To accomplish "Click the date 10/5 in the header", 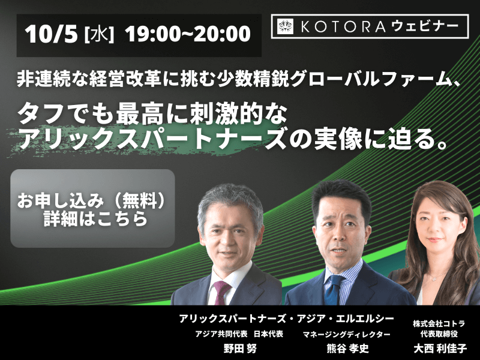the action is click(51, 34).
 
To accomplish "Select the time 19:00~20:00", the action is click(188, 34).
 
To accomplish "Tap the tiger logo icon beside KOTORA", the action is click(286, 26).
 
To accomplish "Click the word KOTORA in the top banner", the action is click(343, 26).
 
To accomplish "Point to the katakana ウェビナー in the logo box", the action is click(425, 26).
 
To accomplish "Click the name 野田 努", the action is click(240, 349).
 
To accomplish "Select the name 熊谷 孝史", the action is click(347, 349).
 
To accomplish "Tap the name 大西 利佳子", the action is click(440, 349).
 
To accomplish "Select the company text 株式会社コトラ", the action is click(439, 323).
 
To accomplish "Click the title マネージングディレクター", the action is click(347, 334).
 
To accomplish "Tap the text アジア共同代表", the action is click(221, 334).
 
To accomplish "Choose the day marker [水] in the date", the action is click(99, 34).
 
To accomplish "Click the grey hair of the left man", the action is click(230, 199).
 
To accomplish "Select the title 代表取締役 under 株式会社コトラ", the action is click(439, 334).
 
